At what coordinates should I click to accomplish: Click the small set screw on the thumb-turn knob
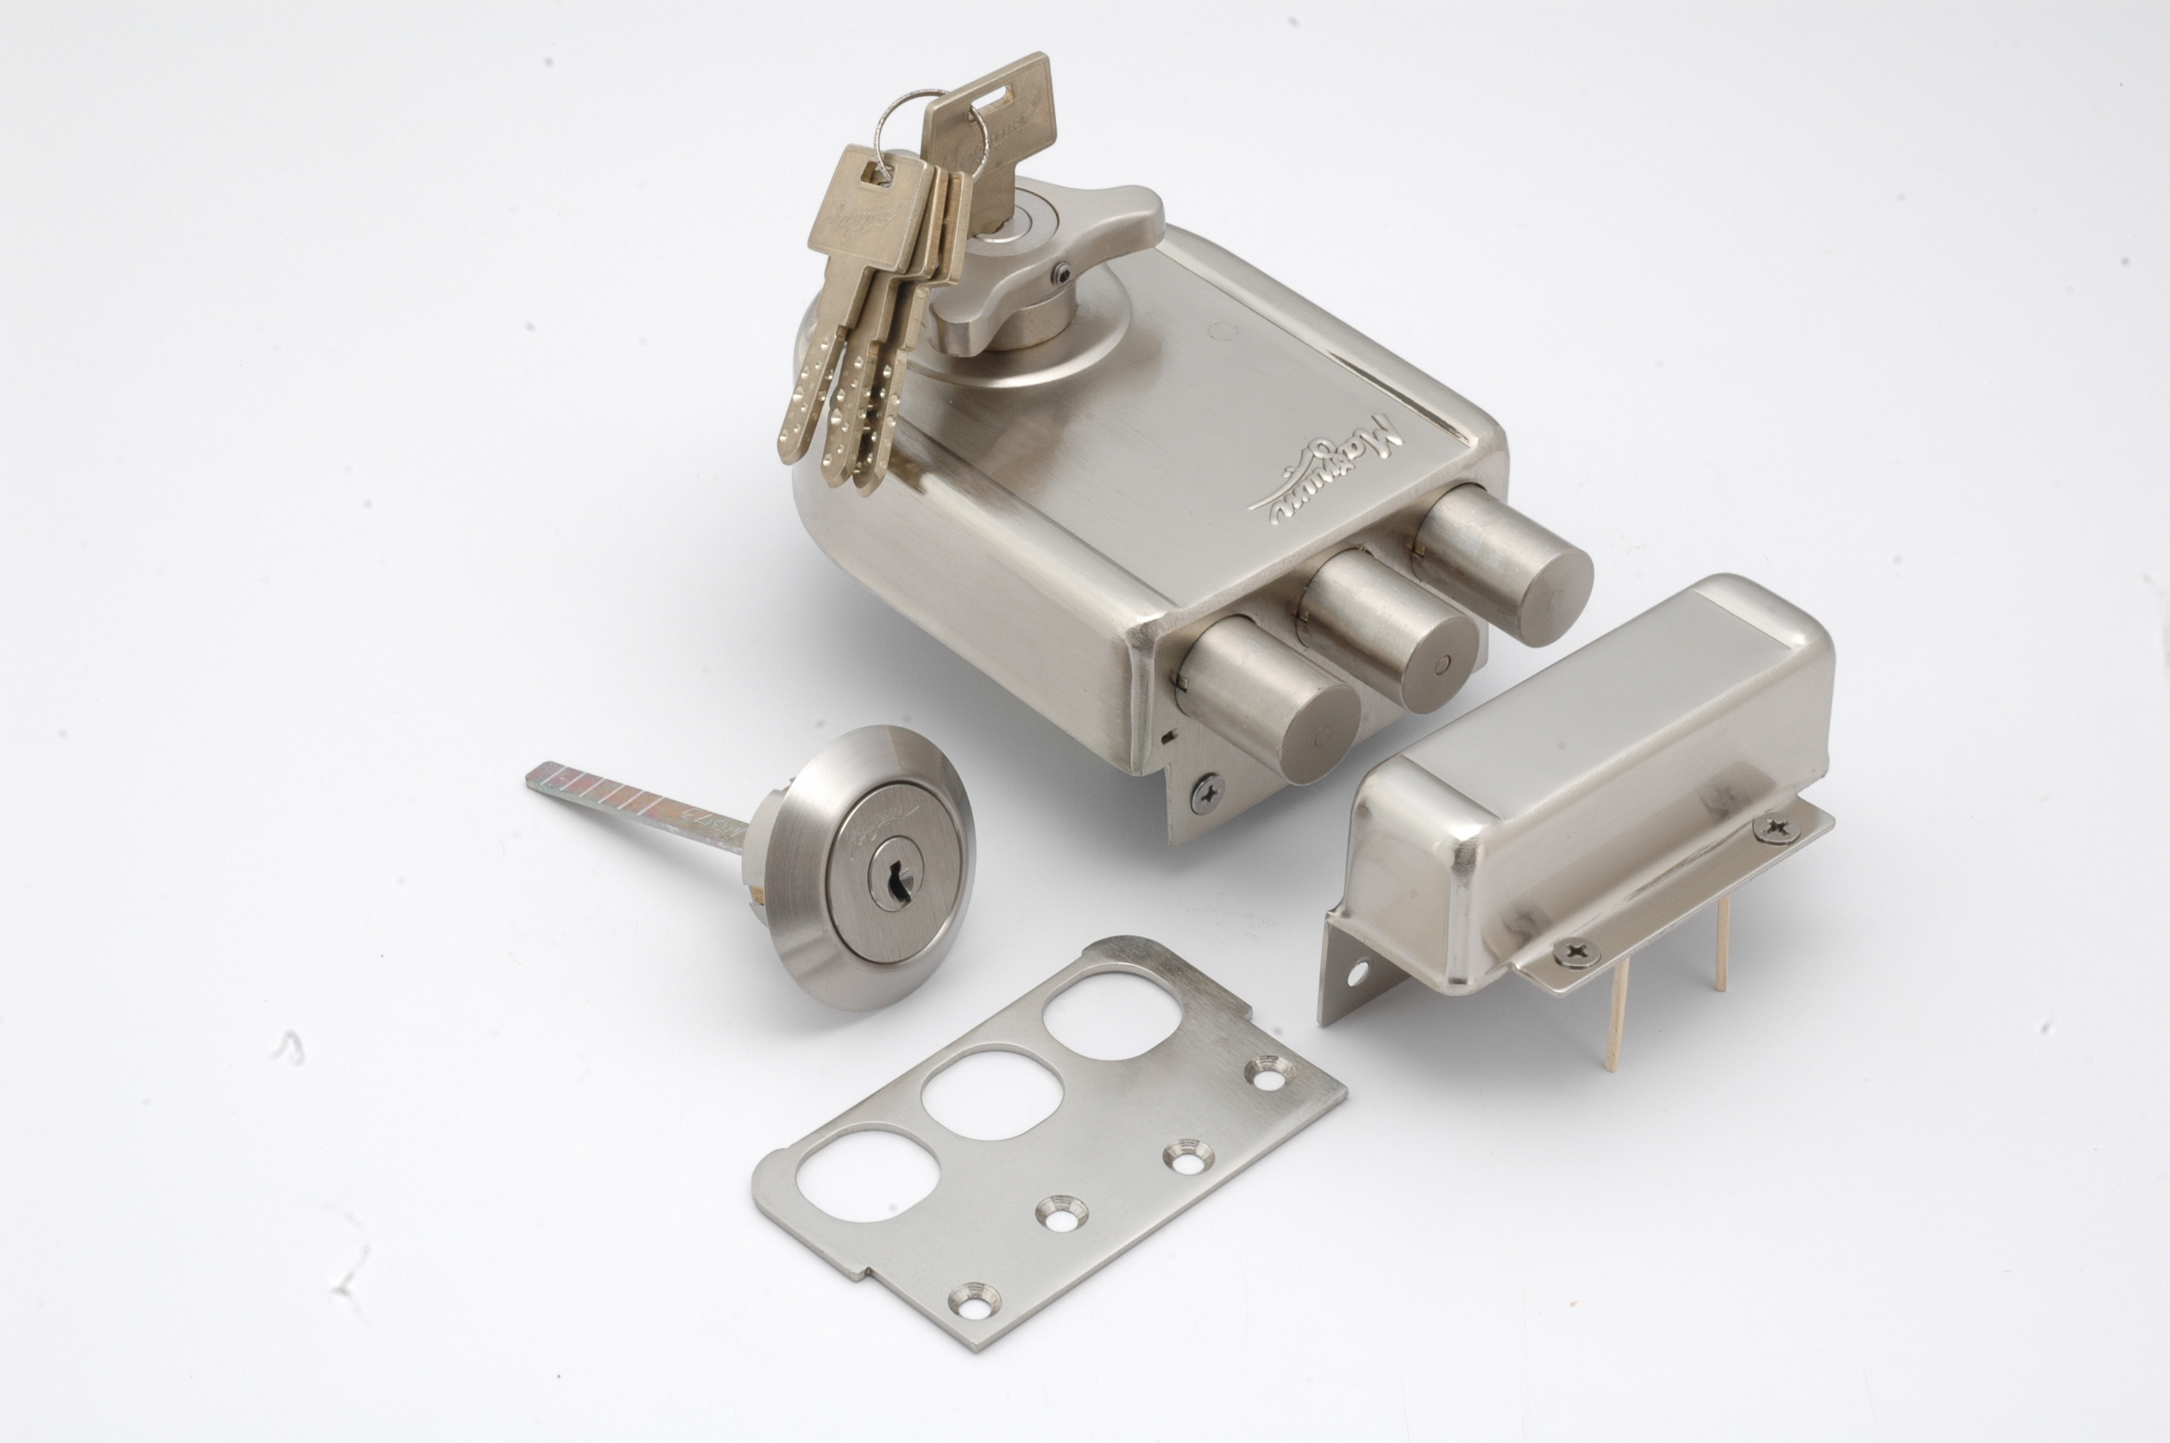click(1063, 273)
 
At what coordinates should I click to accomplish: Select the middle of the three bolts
click(1389, 626)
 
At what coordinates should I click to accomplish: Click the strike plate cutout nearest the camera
click(869, 1175)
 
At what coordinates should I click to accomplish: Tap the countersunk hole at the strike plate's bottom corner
click(976, 1300)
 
